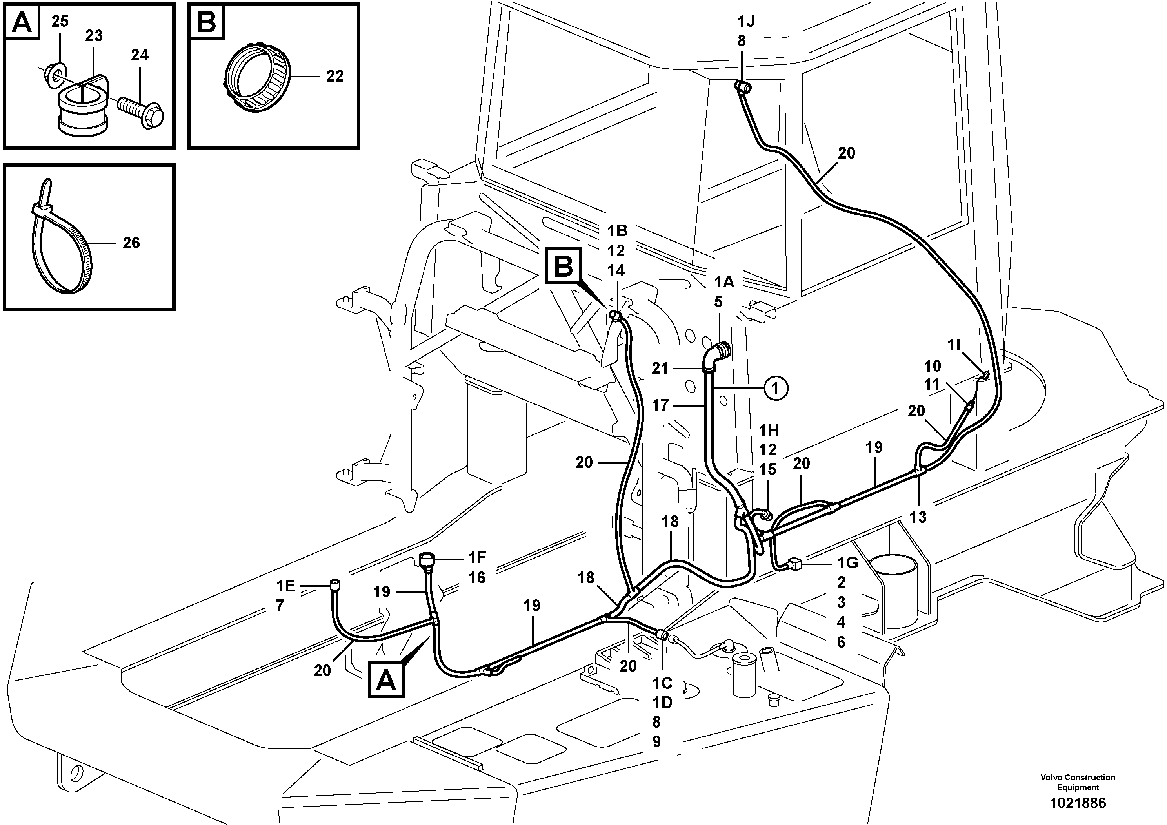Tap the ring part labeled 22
click(x=257, y=81)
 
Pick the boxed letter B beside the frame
click(x=563, y=265)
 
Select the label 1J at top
click(x=746, y=21)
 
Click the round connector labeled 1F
click(x=426, y=560)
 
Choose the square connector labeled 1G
click(x=794, y=563)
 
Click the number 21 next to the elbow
click(x=660, y=368)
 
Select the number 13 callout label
click(x=918, y=517)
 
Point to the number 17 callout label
click(x=660, y=405)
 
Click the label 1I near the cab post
click(x=954, y=345)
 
